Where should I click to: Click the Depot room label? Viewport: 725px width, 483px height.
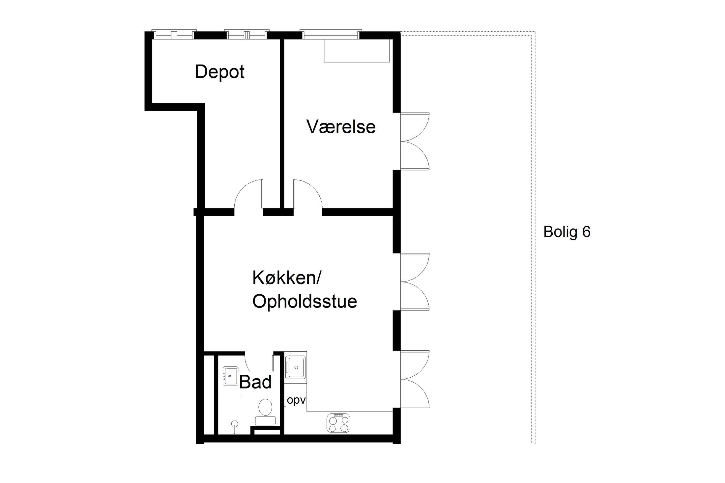click(219, 72)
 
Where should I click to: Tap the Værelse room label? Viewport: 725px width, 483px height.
click(341, 127)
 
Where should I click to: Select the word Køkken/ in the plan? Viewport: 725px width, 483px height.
click(286, 278)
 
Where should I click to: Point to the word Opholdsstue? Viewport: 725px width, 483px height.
click(304, 301)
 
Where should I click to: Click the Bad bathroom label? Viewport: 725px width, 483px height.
click(255, 382)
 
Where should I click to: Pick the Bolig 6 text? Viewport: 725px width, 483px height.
click(567, 232)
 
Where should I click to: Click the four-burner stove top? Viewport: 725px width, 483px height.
click(338, 423)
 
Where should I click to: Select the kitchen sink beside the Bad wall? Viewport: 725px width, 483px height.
click(296, 366)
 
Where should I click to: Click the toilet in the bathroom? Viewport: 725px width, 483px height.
click(265, 412)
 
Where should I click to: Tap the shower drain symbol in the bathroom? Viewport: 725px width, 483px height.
click(235, 424)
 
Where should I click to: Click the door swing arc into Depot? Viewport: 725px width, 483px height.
click(249, 196)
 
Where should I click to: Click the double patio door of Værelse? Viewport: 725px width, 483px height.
click(415, 142)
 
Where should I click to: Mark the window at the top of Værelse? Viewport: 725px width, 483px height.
click(331, 35)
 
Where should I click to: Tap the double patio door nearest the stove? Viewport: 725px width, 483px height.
click(415, 379)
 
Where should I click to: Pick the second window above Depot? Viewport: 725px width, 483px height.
click(247, 35)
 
